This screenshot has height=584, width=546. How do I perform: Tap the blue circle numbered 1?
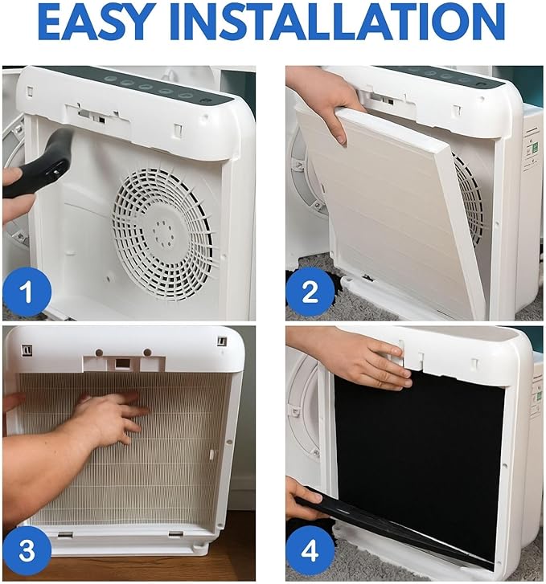(x=27, y=292)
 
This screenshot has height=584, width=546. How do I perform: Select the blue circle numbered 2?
(x=310, y=292)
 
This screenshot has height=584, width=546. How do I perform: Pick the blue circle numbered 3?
(x=27, y=549)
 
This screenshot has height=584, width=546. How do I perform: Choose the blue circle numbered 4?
(x=310, y=550)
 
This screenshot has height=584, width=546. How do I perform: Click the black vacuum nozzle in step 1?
(x=41, y=164)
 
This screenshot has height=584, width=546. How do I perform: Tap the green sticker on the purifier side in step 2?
(x=535, y=148)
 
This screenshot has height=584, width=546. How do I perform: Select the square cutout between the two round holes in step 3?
(x=121, y=363)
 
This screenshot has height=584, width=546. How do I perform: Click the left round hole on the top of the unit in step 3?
(x=99, y=353)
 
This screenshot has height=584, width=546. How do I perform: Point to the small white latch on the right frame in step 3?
(x=212, y=454)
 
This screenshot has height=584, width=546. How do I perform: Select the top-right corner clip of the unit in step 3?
(x=222, y=341)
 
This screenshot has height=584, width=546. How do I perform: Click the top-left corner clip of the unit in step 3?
(x=27, y=350)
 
